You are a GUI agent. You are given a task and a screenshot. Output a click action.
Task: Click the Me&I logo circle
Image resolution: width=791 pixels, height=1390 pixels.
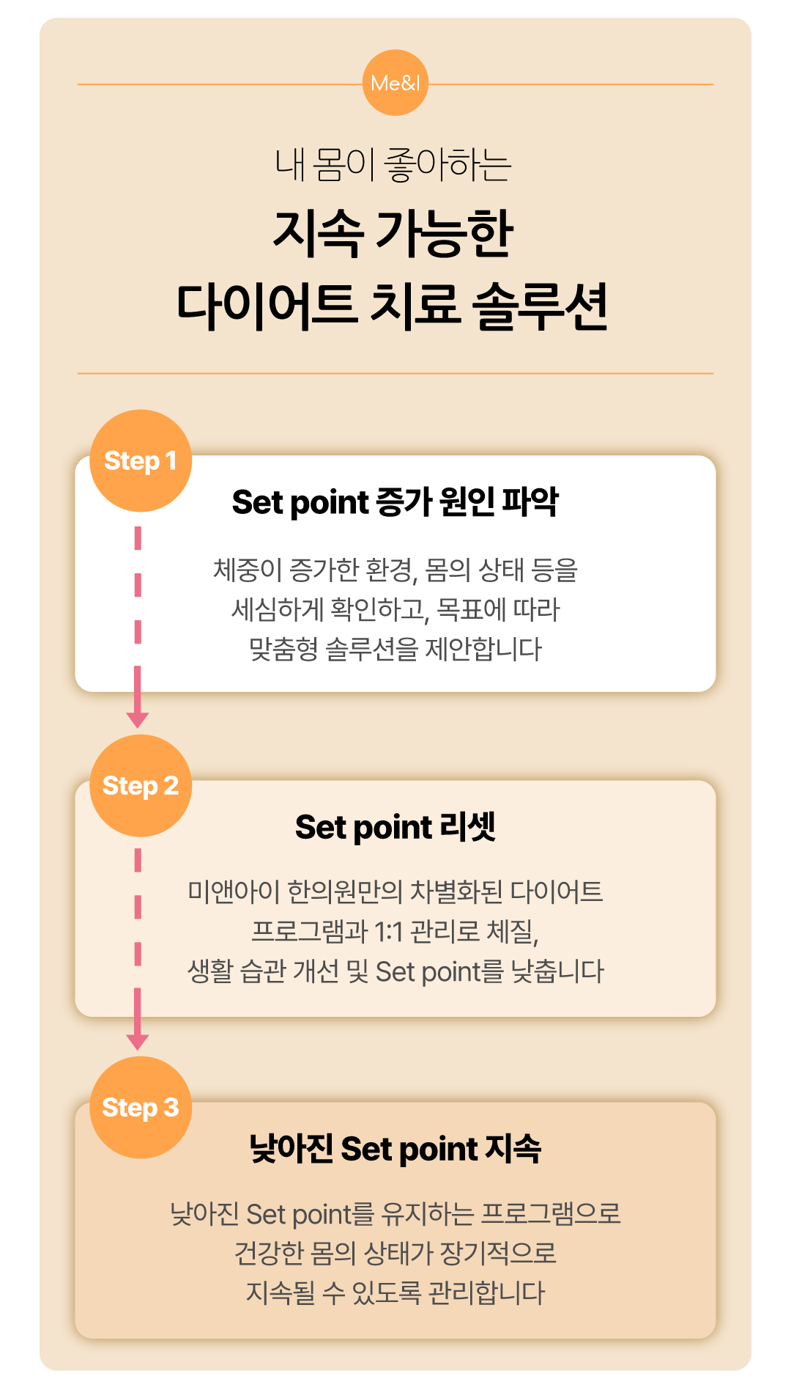coord(395,83)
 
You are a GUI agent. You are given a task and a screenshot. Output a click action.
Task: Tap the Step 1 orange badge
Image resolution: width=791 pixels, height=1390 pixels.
coord(141,460)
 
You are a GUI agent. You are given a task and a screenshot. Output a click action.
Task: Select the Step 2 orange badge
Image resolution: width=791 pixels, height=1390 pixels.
coord(141,785)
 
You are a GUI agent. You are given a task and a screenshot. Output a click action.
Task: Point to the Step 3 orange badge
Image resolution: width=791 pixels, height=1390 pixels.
coord(141,1107)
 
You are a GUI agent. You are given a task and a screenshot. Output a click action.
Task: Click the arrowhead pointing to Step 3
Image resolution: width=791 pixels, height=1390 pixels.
coord(138,1041)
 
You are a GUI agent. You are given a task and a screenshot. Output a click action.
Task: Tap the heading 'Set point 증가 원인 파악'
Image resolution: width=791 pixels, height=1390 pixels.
coord(395,502)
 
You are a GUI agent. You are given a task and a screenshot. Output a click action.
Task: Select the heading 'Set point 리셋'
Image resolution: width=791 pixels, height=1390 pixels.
coord(395,827)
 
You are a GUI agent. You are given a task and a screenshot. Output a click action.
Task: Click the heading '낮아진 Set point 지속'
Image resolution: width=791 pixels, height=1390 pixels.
coord(395,1148)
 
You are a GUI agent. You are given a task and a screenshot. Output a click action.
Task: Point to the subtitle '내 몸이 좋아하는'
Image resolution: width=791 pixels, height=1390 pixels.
coord(393,164)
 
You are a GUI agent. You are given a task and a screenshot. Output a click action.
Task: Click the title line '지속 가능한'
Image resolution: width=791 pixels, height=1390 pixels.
coord(393,234)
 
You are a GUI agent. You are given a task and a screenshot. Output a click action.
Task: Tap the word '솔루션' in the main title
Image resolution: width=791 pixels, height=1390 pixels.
coord(541,306)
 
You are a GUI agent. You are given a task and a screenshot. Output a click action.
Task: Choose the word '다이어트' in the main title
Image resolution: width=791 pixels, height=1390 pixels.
coord(267,306)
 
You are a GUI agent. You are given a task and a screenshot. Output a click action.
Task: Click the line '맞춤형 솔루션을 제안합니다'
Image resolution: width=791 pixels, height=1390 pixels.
coord(395,649)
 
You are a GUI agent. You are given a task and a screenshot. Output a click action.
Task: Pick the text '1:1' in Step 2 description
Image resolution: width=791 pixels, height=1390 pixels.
coord(388,932)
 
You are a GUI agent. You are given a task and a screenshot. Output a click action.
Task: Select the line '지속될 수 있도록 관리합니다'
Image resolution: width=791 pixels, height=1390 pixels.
coord(395,1292)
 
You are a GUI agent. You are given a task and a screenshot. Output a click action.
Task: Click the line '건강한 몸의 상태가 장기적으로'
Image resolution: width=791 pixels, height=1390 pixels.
coord(395,1253)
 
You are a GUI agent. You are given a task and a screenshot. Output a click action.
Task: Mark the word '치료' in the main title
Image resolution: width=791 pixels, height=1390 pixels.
coord(415,306)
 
